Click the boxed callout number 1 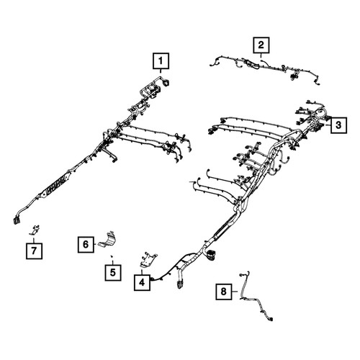tap(161, 61)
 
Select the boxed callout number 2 tap(261, 45)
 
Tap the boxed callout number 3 tap(338, 125)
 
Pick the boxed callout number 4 tap(142, 282)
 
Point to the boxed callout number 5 tap(113, 272)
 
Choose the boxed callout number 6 tap(86, 244)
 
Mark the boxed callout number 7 tap(34, 251)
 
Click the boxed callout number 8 tap(224, 292)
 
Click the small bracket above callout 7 tap(35, 230)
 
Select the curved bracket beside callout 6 tap(107, 240)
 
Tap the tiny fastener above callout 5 tap(112, 256)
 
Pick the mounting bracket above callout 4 tap(148, 260)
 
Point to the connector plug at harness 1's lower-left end tap(17, 220)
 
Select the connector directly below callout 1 tap(166, 83)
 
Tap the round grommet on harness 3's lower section tap(211, 254)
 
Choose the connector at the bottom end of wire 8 tap(270, 319)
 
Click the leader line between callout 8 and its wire tap(235, 292)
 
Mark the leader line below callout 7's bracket tap(34, 239)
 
